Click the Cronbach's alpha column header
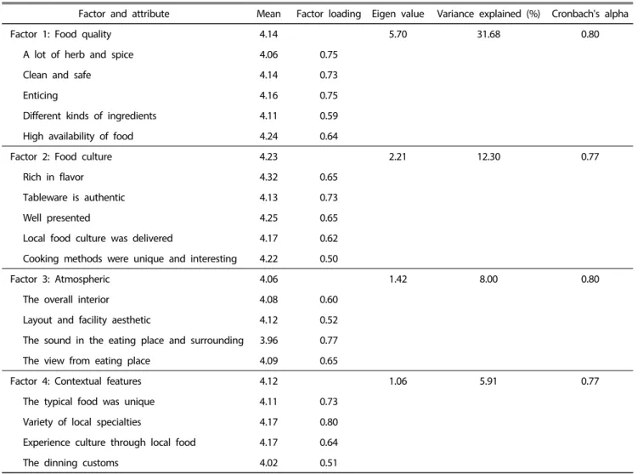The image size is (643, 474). (x=589, y=14)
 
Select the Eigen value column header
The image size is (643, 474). (x=398, y=14)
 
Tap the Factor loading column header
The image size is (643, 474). (x=329, y=14)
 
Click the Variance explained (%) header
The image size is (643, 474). (x=488, y=14)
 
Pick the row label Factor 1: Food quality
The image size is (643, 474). (x=60, y=34)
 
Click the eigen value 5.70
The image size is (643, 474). (x=398, y=34)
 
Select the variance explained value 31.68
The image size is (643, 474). (x=488, y=34)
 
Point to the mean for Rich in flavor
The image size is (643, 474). (x=268, y=178)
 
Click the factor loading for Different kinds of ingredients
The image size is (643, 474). (x=329, y=116)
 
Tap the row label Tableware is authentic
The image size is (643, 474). (x=74, y=198)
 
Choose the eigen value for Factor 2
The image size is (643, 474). (x=398, y=156)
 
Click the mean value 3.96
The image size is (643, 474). (x=268, y=341)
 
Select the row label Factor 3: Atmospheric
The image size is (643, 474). (x=59, y=279)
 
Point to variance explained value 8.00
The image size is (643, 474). (x=488, y=279)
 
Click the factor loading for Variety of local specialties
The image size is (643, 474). (x=329, y=422)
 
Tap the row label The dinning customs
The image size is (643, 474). (x=71, y=463)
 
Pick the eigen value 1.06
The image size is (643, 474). (x=398, y=381)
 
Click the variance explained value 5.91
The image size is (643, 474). (x=488, y=381)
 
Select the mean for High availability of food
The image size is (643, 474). (x=268, y=136)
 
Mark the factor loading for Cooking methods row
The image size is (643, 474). (x=329, y=259)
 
